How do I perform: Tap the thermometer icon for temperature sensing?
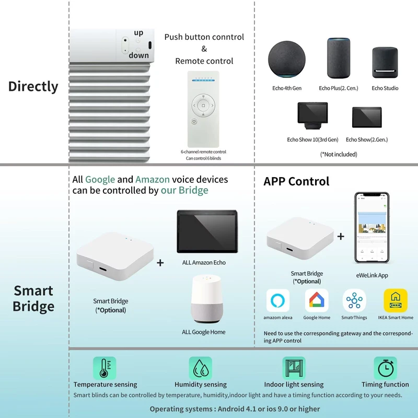[x=104, y=368]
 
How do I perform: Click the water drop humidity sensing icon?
[x=201, y=368]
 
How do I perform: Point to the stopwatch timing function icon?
[x=386, y=368]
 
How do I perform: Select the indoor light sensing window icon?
[x=294, y=368]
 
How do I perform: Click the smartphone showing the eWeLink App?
[x=371, y=228]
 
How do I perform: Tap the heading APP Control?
[x=296, y=181]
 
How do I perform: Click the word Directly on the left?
[x=33, y=86]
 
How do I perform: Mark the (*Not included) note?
[x=339, y=154]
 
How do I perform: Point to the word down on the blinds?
[x=138, y=55]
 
